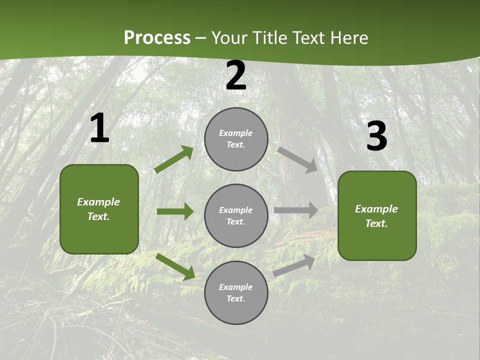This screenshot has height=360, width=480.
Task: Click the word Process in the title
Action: click(x=157, y=38)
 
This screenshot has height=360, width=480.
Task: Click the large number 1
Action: click(x=99, y=128)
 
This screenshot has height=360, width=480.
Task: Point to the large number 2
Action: click(x=236, y=75)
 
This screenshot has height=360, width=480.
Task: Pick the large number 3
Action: click(x=376, y=136)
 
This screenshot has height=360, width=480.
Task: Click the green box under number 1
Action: click(x=99, y=209)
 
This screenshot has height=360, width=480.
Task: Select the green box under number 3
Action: click(x=377, y=215)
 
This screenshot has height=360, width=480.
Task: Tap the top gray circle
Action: click(x=236, y=139)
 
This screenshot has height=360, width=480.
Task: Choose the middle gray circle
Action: click(x=236, y=215)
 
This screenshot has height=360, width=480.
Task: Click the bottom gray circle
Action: click(x=236, y=292)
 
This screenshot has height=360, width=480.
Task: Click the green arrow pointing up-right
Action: click(x=174, y=159)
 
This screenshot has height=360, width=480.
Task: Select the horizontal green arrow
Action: click(x=175, y=211)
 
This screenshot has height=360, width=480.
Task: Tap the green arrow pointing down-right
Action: click(x=175, y=266)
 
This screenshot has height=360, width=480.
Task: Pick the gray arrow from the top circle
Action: click(x=297, y=159)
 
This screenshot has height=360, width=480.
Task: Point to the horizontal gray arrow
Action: click(x=296, y=210)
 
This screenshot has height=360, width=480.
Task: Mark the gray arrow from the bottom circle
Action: click(x=294, y=265)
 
